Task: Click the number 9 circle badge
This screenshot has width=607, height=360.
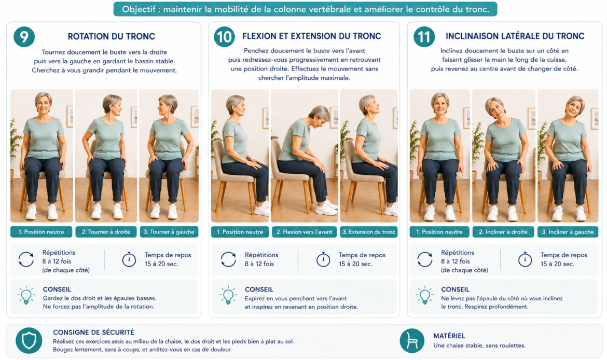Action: pyautogui.click(x=24, y=36)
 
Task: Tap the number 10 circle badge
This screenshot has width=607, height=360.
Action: pyautogui.click(x=224, y=37)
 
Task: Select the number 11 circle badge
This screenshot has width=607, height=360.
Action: pyautogui.click(x=424, y=37)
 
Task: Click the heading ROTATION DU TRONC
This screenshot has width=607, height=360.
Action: pyautogui.click(x=112, y=36)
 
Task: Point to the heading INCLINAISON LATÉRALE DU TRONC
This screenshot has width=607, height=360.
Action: pyautogui.click(x=515, y=36)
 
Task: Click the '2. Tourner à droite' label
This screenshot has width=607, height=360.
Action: pyautogui.click(x=106, y=232)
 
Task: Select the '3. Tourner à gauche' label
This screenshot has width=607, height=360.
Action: pyautogui.click(x=169, y=232)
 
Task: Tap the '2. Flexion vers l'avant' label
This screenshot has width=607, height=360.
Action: pyautogui.click(x=304, y=232)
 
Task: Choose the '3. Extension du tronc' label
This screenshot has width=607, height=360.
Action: pyautogui.click(x=369, y=232)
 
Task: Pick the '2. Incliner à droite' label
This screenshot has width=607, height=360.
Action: pyautogui.click(x=503, y=232)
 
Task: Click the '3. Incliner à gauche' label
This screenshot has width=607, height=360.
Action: pyautogui.click(x=568, y=232)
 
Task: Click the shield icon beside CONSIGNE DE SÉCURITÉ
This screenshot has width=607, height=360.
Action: pyautogui.click(x=29, y=341)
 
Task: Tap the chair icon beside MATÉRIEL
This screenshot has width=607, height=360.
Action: pyautogui.click(x=412, y=341)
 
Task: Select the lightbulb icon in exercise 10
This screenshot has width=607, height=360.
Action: pyautogui.click(x=228, y=296)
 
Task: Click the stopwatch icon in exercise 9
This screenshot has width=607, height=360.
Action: pyautogui.click(x=129, y=259)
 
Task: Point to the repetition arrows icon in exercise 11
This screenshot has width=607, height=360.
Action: pyautogui.click(x=425, y=259)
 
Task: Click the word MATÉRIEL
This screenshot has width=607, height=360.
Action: pyautogui.click(x=449, y=336)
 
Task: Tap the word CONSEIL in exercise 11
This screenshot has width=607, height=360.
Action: pyautogui.click(x=456, y=289)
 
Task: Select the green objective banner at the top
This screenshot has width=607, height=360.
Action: pyautogui.click(x=305, y=9)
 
